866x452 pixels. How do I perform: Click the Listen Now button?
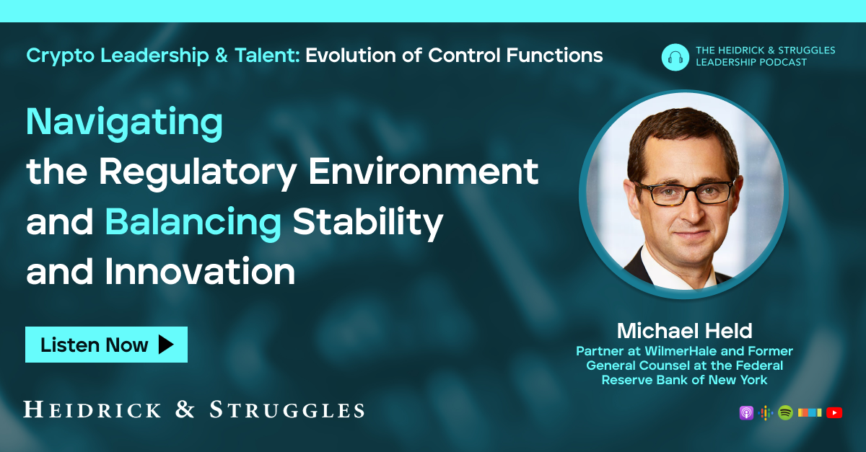(x=106, y=345)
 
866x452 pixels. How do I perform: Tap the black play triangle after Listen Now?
(x=166, y=345)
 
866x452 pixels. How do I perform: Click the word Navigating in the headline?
(x=124, y=123)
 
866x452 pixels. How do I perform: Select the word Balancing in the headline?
(x=193, y=223)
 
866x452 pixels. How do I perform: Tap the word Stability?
(x=367, y=223)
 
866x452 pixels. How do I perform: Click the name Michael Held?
(x=684, y=331)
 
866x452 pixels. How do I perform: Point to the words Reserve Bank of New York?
(x=684, y=380)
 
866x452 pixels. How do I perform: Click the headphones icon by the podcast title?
(x=675, y=57)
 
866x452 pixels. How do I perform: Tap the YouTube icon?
(x=834, y=413)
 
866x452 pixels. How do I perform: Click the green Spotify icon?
(x=785, y=413)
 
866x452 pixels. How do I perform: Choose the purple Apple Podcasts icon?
(x=746, y=413)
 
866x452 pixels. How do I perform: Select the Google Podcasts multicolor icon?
(x=766, y=413)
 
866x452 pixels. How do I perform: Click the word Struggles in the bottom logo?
(x=287, y=411)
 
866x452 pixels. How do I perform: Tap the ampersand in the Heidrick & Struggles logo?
(x=185, y=411)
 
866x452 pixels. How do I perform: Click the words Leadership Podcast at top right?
(x=751, y=63)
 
